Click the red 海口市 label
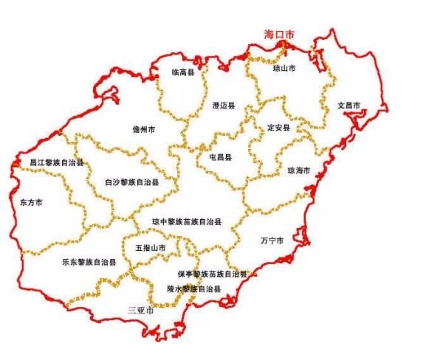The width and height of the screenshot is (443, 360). (x=280, y=35)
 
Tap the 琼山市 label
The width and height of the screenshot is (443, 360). (x=284, y=67)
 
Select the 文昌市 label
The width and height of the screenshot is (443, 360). (x=348, y=105)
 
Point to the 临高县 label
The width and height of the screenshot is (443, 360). (x=182, y=72)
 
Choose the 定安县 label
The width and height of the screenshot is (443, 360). (x=279, y=128)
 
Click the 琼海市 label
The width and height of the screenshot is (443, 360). (x=298, y=170)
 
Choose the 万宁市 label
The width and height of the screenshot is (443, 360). (x=272, y=240)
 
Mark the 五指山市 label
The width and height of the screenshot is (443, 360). (x=151, y=249)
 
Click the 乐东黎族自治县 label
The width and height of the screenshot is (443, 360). (x=90, y=262)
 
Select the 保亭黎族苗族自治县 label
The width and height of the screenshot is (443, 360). (x=211, y=274)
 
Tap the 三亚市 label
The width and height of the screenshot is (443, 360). (x=140, y=309)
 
